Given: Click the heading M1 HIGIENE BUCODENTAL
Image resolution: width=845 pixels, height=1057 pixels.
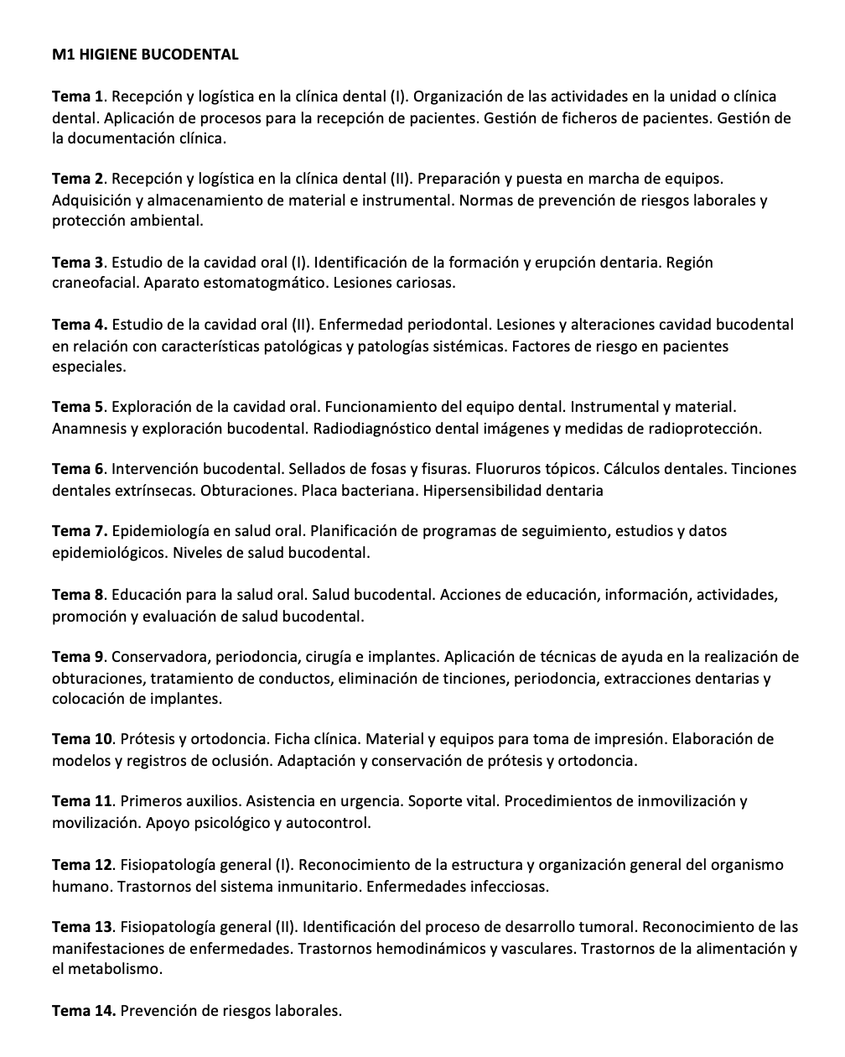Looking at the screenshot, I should click(x=145, y=55).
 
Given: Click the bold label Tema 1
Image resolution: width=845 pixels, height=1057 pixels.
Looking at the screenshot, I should click(x=79, y=96).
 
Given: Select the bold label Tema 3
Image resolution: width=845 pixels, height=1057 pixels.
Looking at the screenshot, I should click(x=79, y=263).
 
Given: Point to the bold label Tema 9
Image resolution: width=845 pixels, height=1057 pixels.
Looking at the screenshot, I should click(x=79, y=657).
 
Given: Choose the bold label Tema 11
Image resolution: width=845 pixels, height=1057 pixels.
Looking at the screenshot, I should click(x=82, y=802).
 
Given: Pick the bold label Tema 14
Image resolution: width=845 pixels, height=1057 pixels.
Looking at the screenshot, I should click(x=83, y=1010).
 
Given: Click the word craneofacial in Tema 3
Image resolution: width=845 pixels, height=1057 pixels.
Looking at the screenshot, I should click(x=95, y=284).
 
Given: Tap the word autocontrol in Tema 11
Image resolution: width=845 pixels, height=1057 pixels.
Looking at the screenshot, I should click(x=327, y=823).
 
